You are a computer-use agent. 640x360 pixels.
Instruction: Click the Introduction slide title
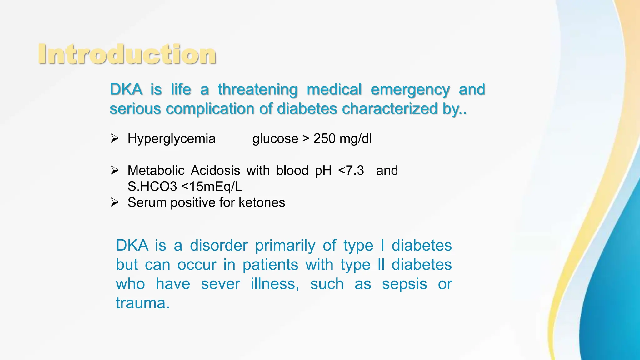click(x=127, y=54)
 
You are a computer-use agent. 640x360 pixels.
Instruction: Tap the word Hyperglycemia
click(x=171, y=138)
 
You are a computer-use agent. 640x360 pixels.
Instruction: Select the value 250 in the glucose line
click(x=324, y=138)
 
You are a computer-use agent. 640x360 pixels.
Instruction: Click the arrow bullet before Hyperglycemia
click(x=115, y=138)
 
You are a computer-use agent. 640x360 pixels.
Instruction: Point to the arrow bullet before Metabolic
click(x=115, y=170)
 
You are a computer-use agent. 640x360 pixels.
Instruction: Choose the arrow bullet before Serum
click(x=115, y=202)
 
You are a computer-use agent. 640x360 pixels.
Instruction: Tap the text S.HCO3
click(x=152, y=187)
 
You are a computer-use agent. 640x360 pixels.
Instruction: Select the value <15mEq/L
click(x=211, y=187)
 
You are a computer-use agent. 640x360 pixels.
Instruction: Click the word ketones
click(x=262, y=202)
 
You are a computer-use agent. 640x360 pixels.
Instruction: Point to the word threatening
click(x=257, y=90)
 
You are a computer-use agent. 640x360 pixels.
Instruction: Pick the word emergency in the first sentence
click(x=410, y=90)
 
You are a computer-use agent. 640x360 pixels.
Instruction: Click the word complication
click(x=210, y=109)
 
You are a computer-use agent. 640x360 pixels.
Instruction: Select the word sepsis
click(x=404, y=284)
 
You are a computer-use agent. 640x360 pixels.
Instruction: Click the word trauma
click(x=142, y=303)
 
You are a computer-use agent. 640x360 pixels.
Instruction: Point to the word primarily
click(x=285, y=246)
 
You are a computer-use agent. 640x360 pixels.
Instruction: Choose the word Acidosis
click(x=215, y=171)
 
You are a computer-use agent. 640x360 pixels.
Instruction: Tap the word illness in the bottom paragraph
click(x=275, y=284)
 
